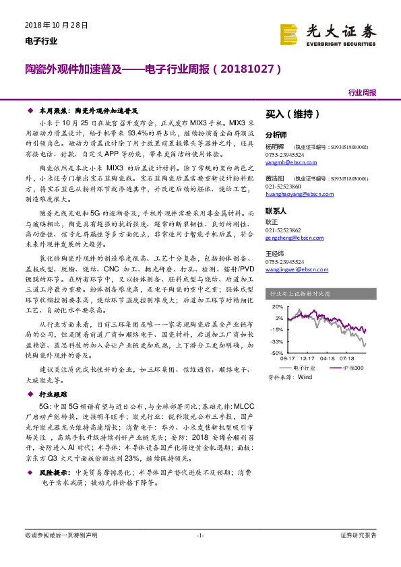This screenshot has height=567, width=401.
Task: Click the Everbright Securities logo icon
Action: pos(288,33)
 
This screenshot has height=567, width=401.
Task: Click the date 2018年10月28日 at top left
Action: pos(56,25)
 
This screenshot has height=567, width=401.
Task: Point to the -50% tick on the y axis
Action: pos(276,352)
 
